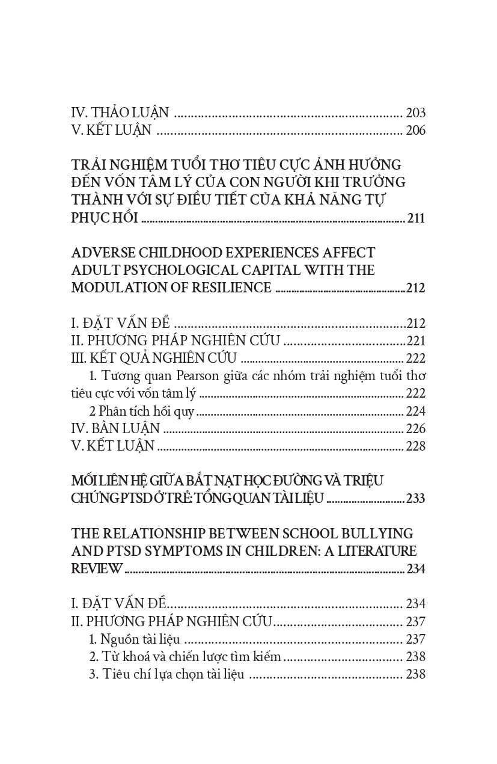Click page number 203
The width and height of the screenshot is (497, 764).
pos(415,112)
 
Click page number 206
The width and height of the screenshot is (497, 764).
pos(415,130)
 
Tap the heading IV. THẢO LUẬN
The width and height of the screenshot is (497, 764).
pos(120,112)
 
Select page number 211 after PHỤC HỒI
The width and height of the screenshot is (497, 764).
pos(416,218)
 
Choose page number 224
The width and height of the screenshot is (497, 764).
pos(415,411)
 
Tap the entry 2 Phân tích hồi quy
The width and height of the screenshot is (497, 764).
pos(142,411)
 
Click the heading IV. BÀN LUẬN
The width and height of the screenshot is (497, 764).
pos(115,429)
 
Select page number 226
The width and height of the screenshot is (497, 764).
pos(415,429)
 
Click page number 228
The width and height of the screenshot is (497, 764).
pos(415,446)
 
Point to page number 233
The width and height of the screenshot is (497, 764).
pos(415,499)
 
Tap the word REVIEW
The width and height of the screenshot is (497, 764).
pos(97,568)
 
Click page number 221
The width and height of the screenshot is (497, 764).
pos(415,340)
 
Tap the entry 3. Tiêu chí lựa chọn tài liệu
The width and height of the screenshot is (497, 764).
pos(166,674)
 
